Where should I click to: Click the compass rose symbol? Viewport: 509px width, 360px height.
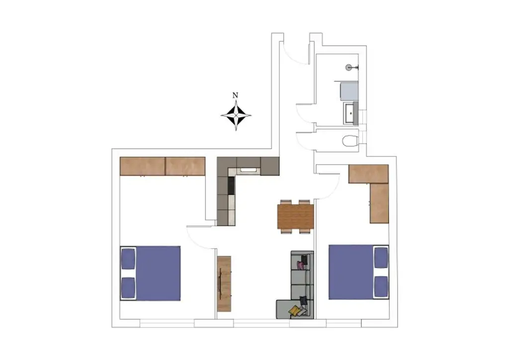236,115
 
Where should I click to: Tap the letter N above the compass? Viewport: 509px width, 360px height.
236,95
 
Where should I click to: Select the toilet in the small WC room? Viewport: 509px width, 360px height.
350,141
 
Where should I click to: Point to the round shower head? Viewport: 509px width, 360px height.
349,67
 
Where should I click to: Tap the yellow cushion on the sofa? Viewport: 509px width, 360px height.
294,311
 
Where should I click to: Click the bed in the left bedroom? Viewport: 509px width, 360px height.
151,273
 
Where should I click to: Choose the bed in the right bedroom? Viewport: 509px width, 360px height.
358,272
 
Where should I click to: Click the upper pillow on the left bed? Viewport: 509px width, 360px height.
128,258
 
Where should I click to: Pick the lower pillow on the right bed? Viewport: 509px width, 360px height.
381,286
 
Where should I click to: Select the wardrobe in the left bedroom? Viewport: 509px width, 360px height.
163,166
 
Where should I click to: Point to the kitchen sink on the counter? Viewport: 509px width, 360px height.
248,171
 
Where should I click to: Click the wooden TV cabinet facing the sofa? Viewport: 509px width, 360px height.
224,284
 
